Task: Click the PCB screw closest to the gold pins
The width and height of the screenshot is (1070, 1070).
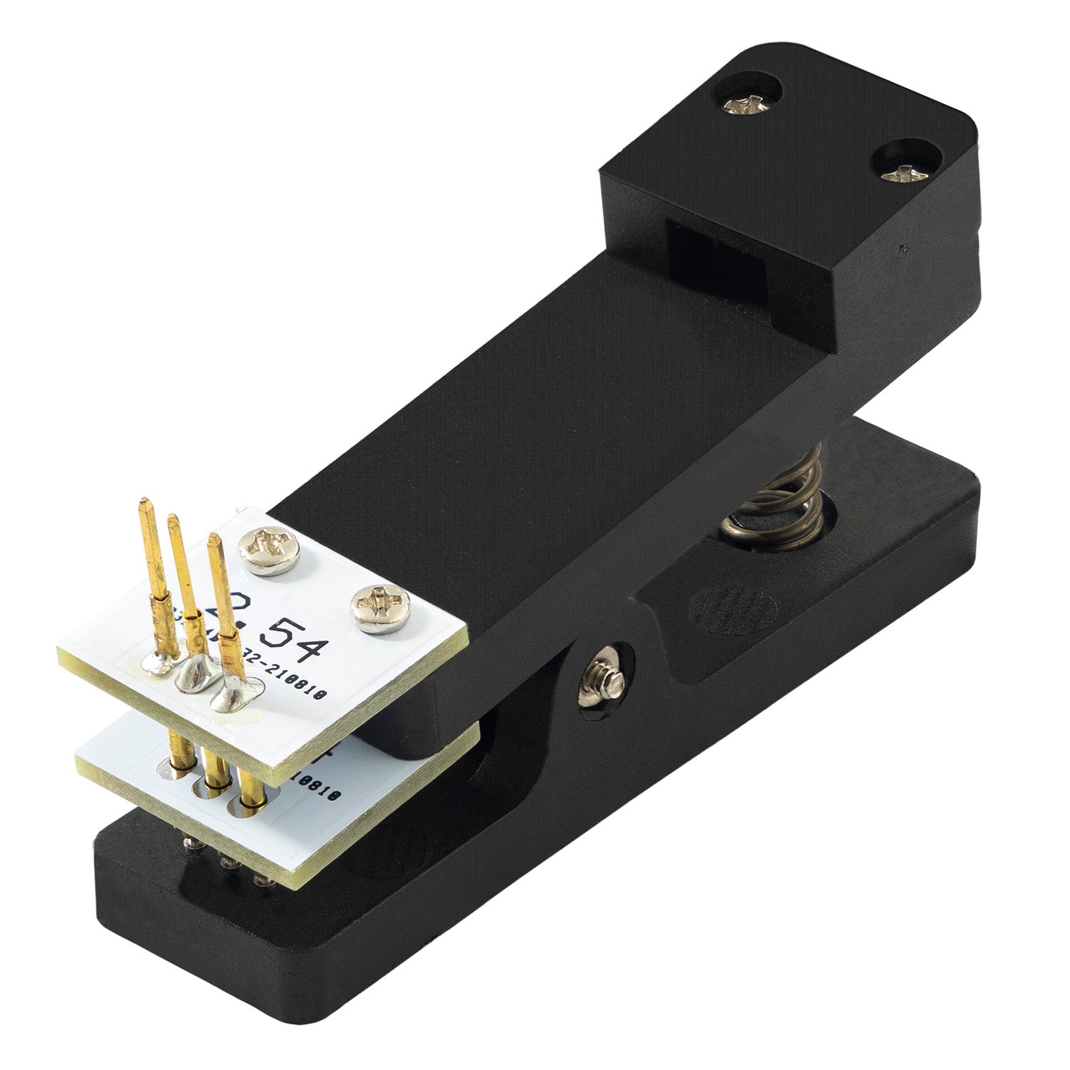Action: tap(272, 548)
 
